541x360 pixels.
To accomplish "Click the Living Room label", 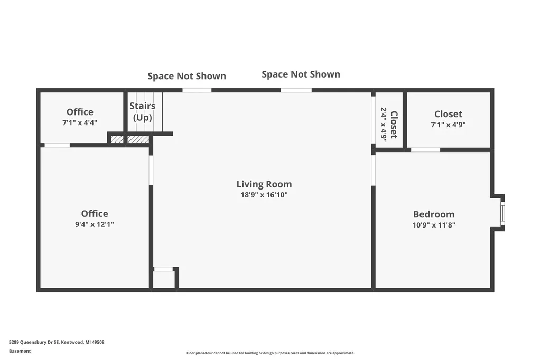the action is (x=264, y=184).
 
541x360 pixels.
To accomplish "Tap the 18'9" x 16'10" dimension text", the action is (x=264, y=195).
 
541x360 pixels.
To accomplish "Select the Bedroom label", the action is (x=434, y=214).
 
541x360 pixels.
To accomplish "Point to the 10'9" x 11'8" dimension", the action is (x=434, y=225).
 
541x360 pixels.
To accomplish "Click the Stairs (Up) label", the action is (x=143, y=112).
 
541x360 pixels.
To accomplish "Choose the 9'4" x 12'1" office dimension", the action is (x=95, y=224).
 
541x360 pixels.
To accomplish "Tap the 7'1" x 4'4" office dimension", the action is (x=80, y=122).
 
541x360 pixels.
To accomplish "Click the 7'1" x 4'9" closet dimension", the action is (x=448, y=125).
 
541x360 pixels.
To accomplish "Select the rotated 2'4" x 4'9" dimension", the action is (x=384, y=125).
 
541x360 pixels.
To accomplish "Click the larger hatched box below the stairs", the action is (x=138, y=140).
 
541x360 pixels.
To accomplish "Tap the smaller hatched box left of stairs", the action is (x=117, y=140).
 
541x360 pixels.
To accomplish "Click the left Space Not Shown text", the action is (x=186, y=76).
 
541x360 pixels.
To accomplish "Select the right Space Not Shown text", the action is (x=301, y=74).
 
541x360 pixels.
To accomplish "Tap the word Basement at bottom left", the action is (x=20, y=351).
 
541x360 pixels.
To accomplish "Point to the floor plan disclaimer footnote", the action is (x=270, y=353).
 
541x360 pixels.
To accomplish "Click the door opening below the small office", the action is (x=57, y=145).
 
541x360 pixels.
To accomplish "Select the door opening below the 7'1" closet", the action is (x=425, y=150).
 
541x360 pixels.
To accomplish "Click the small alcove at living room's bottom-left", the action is (x=164, y=279).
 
